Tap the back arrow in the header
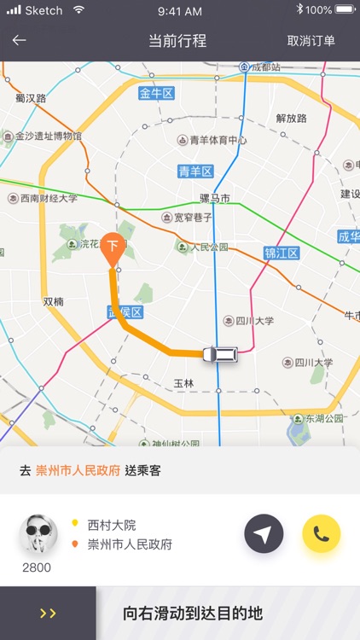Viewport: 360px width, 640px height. [x=19, y=40]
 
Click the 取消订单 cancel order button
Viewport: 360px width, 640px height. [x=311, y=41]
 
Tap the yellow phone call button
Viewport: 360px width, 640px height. [x=321, y=534]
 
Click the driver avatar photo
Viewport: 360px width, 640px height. [x=38, y=534]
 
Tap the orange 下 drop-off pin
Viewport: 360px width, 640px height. [x=111, y=248]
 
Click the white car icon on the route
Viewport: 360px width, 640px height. [x=220, y=353]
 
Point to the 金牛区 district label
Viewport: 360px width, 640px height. [x=156, y=94]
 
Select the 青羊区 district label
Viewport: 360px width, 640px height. [x=195, y=172]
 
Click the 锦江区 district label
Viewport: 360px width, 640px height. [x=281, y=253]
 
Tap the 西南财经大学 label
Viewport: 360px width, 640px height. [x=48, y=198]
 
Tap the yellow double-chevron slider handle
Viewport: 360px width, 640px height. [x=48, y=613]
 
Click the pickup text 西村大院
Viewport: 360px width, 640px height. [x=111, y=525]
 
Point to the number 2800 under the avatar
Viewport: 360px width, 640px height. [x=37, y=567]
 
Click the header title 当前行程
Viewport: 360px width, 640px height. [x=177, y=41]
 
